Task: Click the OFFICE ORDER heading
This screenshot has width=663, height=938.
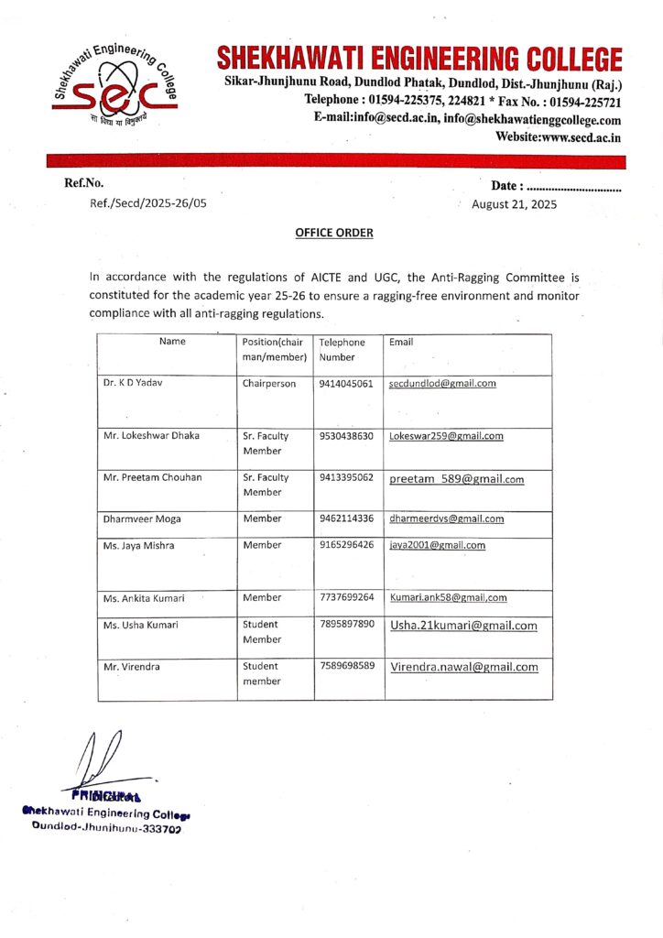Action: point(333,233)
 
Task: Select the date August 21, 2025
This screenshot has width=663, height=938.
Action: point(514,204)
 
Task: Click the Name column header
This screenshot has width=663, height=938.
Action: point(172,342)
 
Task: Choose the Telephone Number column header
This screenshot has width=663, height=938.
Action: point(342,349)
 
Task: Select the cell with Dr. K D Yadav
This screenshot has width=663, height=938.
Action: point(133,384)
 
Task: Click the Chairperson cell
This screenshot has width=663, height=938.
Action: point(269,384)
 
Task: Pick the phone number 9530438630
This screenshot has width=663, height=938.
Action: point(346,436)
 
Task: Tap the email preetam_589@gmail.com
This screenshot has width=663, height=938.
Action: point(457,478)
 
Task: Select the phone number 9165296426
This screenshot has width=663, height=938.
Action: point(346,545)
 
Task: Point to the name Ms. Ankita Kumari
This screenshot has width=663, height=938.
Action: point(144,598)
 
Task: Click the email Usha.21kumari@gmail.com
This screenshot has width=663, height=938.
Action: point(463,626)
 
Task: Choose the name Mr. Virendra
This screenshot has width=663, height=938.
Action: point(132,667)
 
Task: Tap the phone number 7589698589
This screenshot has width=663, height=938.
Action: point(346,666)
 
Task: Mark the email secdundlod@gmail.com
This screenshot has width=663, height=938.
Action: point(442,384)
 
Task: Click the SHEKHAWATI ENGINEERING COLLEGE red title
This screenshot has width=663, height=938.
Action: point(419,60)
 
